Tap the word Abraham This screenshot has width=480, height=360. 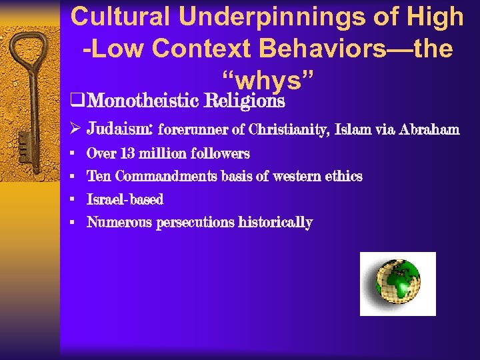click(x=431, y=129)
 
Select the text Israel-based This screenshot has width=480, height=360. click(x=125, y=199)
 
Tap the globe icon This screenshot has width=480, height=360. click(x=397, y=283)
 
